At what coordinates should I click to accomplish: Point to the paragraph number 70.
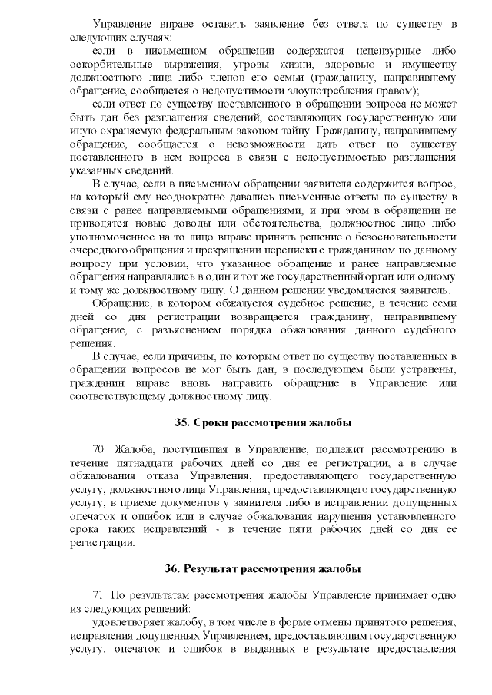point(100,449)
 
